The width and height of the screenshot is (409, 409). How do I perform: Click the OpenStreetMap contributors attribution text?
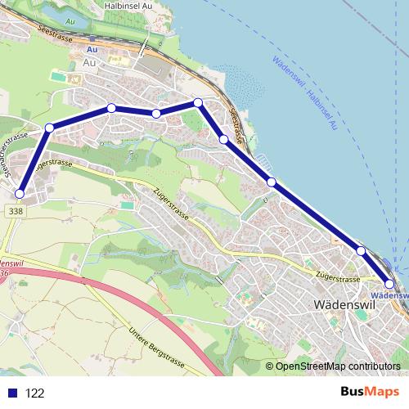[x=337, y=366]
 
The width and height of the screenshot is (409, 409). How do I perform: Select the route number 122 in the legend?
[x=34, y=393]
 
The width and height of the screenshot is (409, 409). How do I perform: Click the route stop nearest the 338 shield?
[x=19, y=193]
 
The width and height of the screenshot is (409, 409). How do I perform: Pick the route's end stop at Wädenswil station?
[x=390, y=284]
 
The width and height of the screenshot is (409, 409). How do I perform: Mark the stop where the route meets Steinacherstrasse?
[x=50, y=128]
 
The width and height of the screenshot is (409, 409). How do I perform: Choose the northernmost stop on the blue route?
[x=197, y=102]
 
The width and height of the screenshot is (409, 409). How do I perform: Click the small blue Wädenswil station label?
[x=389, y=295]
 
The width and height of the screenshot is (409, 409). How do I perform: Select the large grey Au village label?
[x=92, y=62]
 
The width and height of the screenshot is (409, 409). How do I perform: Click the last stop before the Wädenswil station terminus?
[x=361, y=250]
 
